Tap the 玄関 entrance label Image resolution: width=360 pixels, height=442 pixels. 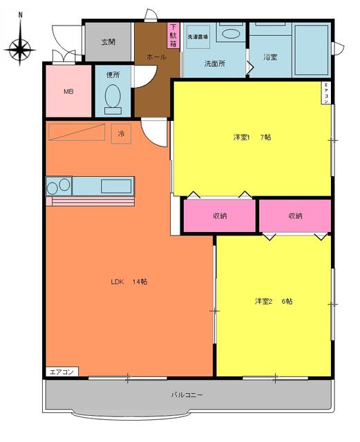pyautogui.click(x=108, y=41)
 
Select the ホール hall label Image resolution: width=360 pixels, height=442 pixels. pyautogui.click(x=156, y=57)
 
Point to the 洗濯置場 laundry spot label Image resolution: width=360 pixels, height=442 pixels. pyautogui.click(x=198, y=36)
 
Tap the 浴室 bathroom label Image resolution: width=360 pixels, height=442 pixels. pyautogui.click(x=270, y=57)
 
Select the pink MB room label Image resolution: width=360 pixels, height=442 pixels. pyautogui.click(x=68, y=91)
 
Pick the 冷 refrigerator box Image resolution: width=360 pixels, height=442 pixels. pyautogui.click(x=122, y=133)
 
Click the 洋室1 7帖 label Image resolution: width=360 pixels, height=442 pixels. pyautogui.click(x=252, y=137)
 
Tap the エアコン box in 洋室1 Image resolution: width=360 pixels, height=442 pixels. pyautogui.click(x=326, y=93)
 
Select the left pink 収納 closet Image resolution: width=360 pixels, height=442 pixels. pyautogui.click(x=220, y=215)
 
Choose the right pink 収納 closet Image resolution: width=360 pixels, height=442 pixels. pyautogui.click(x=295, y=215)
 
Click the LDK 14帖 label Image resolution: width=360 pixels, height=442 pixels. pyautogui.click(x=129, y=282)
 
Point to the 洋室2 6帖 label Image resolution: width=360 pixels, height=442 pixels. pyautogui.click(x=273, y=301)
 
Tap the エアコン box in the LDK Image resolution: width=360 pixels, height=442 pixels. pyautogui.click(x=62, y=372)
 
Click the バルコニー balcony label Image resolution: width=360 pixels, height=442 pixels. pyautogui.click(x=187, y=395)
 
